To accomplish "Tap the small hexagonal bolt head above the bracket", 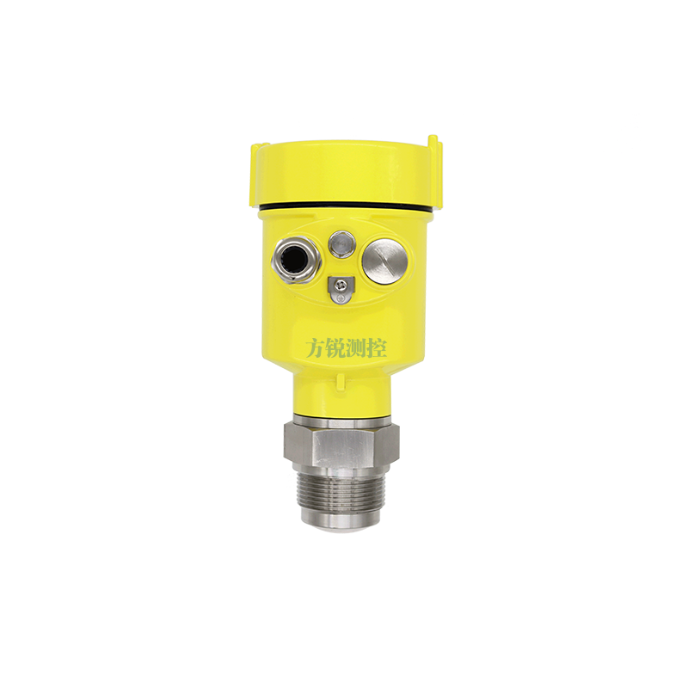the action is [341, 244].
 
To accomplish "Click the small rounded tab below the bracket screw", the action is [339, 298].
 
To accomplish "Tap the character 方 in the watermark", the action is [316, 347].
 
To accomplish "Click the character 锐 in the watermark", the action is [335, 347].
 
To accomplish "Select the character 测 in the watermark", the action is [356, 347].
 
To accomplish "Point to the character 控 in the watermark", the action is [377, 347].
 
